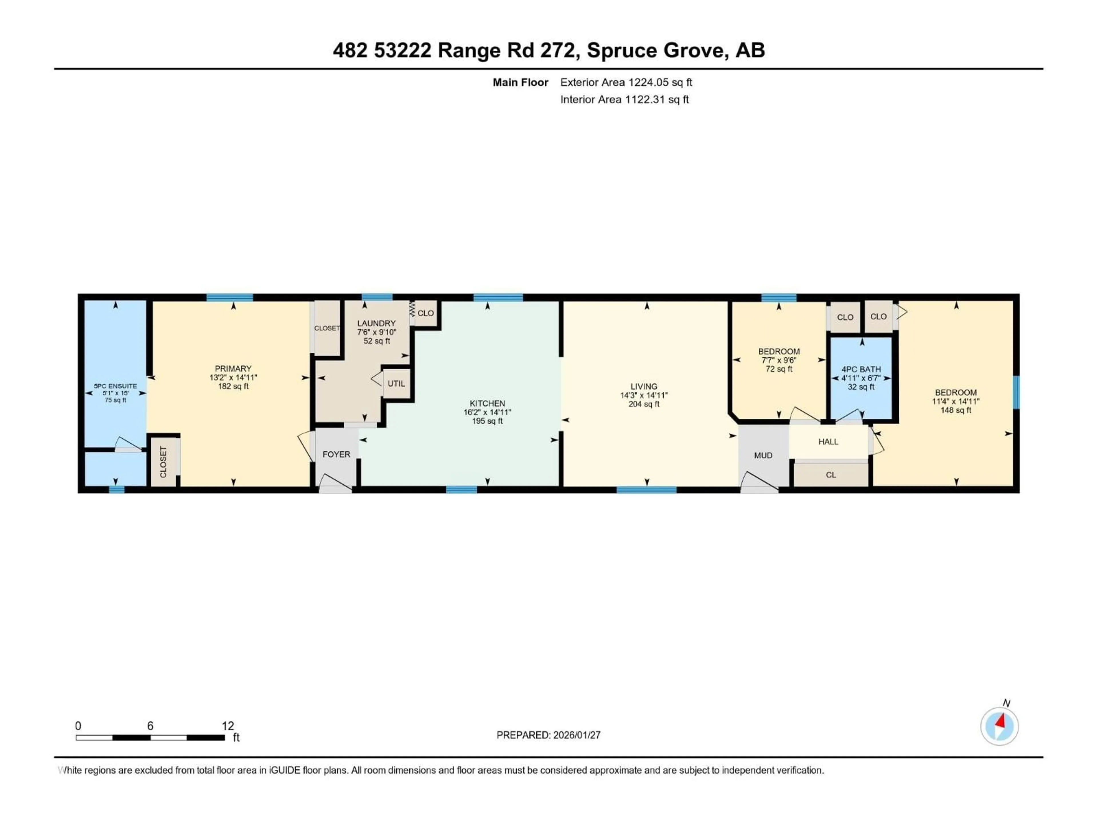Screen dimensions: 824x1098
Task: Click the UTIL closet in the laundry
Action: click(x=396, y=383)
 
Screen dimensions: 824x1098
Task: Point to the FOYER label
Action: click(x=336, y=454)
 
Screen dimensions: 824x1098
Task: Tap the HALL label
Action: click(x=828, y=441)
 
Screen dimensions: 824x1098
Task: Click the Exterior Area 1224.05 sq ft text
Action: click(x=626, y=82)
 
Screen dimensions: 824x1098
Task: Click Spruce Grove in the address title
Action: click(x=658, y=50)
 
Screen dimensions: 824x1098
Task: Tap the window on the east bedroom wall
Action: click(x=1016, y=392)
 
